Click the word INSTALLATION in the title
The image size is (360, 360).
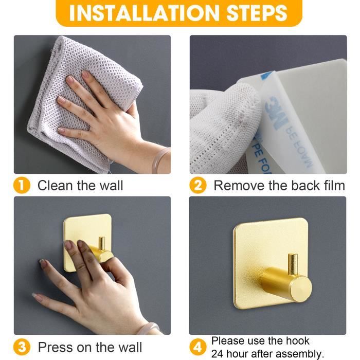pos(144,13)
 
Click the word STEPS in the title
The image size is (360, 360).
pos(257,13)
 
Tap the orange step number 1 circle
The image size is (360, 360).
pos(22,186)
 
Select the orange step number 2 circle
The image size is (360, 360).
pos(197,186)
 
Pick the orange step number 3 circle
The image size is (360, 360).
pos(22,347)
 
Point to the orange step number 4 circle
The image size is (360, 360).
pos(197,347)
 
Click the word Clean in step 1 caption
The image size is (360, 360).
pos(56,186)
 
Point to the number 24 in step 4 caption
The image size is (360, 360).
pos(217,353)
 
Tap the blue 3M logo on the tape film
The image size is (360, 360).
pos(275,112)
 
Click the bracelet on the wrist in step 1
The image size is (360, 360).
pos(161,157)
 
